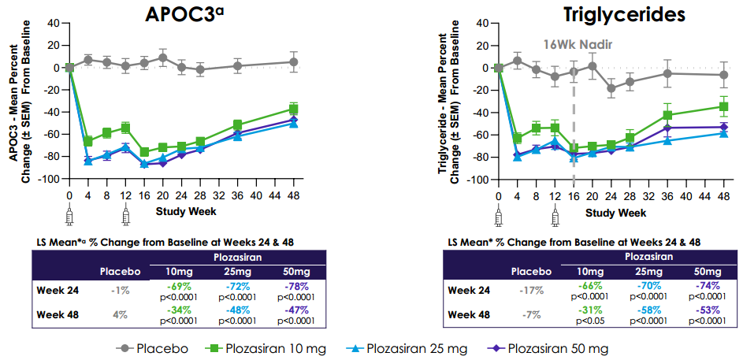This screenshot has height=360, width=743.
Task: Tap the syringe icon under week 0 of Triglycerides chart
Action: point(498,214)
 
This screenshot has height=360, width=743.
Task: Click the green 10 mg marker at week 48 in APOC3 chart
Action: point(294,109)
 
